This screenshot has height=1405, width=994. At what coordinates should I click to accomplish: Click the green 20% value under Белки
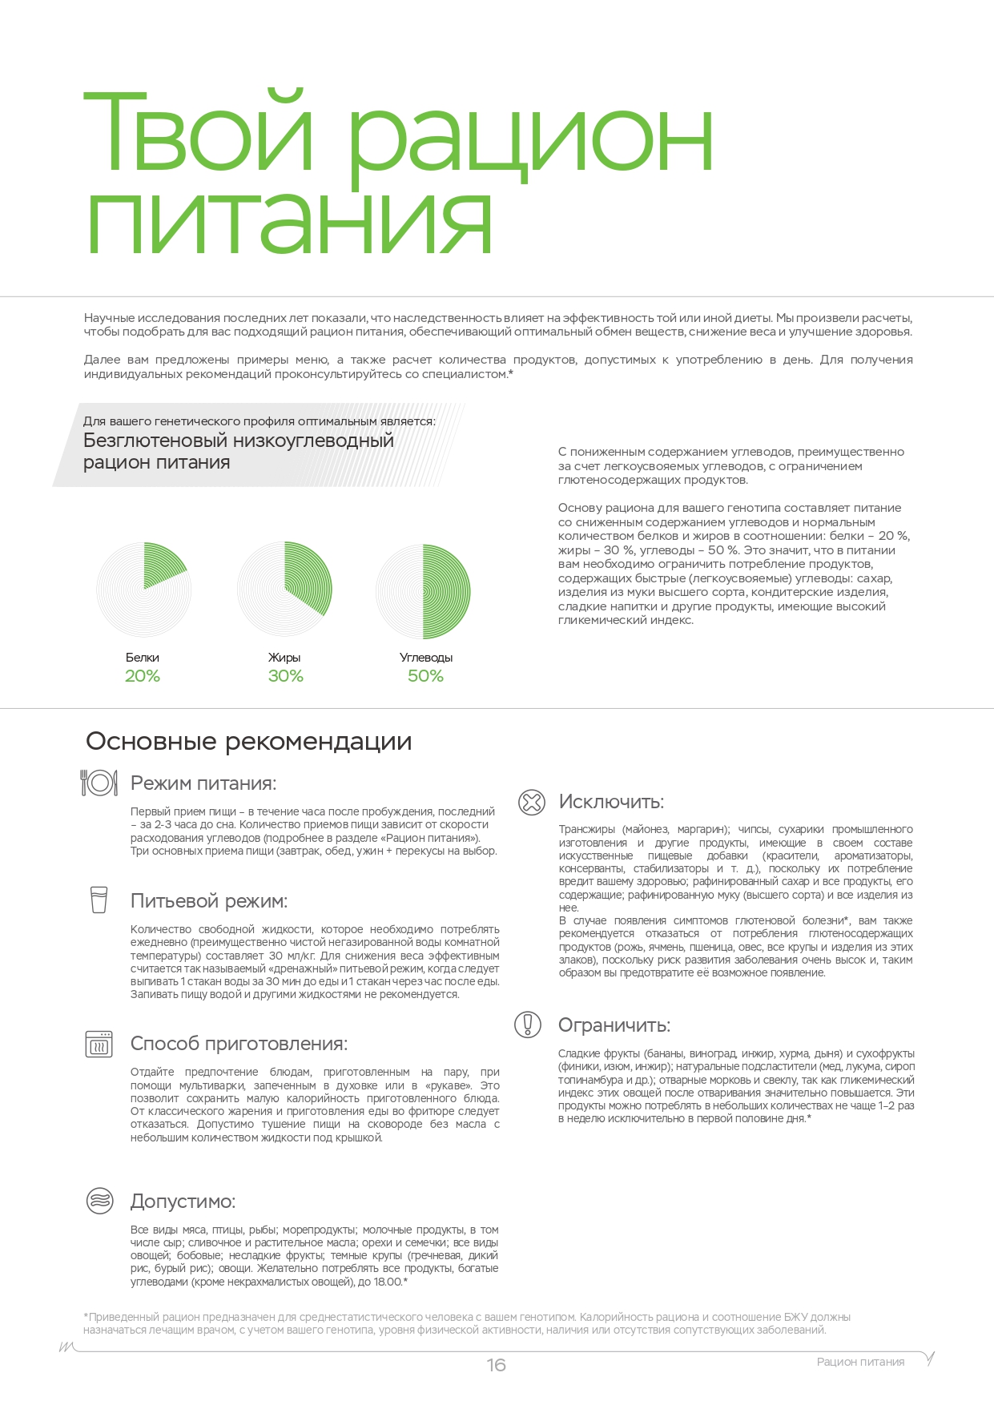pos(143,676)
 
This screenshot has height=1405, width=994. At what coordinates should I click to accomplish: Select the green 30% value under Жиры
pos(285,676)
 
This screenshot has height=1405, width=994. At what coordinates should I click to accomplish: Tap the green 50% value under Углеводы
pos(425,676)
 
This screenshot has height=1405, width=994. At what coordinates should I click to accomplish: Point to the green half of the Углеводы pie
pos(447,591)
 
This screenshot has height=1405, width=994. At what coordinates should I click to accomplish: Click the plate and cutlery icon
pos(99,783)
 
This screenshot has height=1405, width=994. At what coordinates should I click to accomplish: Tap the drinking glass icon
pos(99,899)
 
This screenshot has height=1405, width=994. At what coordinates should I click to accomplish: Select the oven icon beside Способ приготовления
pos(99,1044)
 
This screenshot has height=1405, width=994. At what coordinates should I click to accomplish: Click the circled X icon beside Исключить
pos(531,802)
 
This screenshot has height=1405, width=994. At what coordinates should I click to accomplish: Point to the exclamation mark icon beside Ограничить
pos(528,1025)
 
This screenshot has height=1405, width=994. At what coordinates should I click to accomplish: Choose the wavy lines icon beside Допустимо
pos(99,1201)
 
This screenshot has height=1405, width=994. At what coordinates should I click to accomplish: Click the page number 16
pos(496,1365)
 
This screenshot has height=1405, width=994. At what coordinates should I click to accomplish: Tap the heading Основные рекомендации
pos(248,742)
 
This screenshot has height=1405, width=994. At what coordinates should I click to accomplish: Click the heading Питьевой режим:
pos(208,901)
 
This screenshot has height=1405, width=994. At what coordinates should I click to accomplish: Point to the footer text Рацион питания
pos(860,1362)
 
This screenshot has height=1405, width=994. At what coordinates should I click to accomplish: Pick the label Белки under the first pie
pos(143,658)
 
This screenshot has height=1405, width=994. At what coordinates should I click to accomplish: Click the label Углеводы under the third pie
pos(426,658)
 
